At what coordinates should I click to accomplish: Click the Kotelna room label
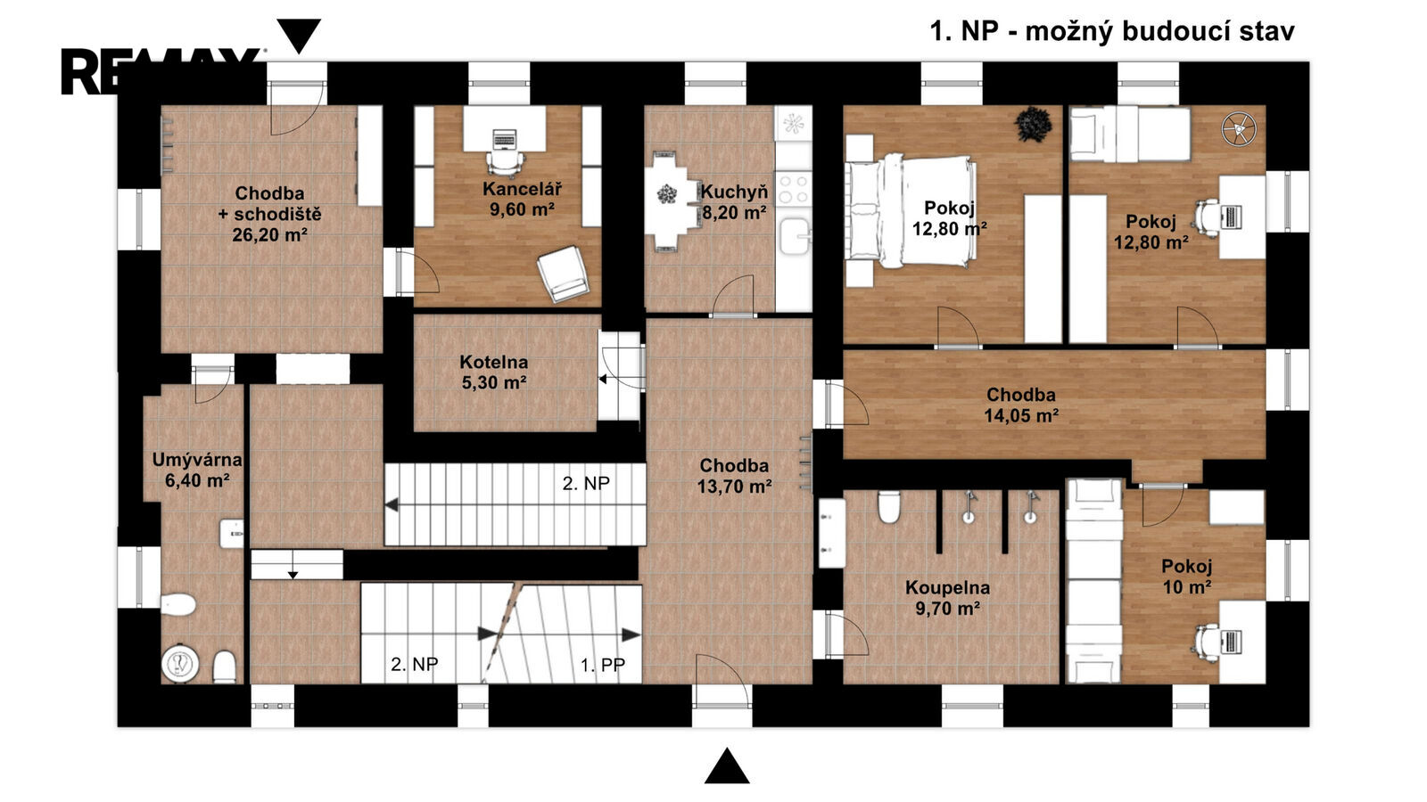494,372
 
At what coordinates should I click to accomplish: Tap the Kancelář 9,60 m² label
522,199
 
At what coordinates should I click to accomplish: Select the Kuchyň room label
735,201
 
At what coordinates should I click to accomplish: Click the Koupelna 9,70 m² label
947,598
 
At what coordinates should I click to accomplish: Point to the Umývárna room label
197,470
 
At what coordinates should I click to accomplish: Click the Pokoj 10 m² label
1186,576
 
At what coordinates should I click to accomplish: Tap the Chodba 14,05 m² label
1021,405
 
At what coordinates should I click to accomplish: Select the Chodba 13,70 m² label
734,476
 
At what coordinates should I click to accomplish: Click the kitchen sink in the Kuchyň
794,236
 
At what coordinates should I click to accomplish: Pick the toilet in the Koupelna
888,507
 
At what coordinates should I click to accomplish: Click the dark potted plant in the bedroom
1033,124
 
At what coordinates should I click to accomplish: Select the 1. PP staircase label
602,665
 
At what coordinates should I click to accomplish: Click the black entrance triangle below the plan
727,765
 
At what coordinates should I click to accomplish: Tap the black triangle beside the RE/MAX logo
299,36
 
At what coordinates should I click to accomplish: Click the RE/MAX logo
160,71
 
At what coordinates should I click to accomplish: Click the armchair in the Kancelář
563,274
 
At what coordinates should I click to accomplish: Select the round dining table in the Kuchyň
667,195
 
